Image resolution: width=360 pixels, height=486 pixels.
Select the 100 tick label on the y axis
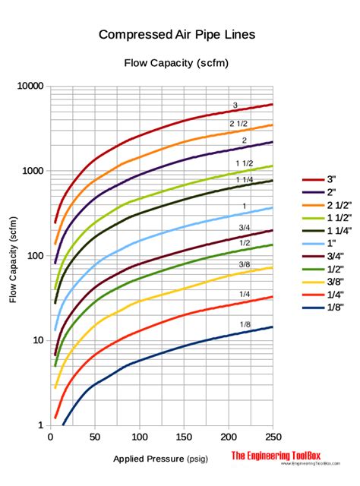click(34, 256)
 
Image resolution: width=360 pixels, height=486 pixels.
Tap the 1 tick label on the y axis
click(40, 425)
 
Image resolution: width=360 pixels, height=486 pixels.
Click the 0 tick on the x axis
click(49, 437)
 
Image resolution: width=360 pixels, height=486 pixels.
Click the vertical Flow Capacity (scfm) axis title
click(13, 256)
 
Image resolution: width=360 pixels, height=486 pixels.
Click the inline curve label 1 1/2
click(243, 164)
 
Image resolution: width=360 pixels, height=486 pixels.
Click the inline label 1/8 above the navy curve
click(245, 324)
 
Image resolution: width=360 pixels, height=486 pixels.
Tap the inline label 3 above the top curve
click(235, 105)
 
